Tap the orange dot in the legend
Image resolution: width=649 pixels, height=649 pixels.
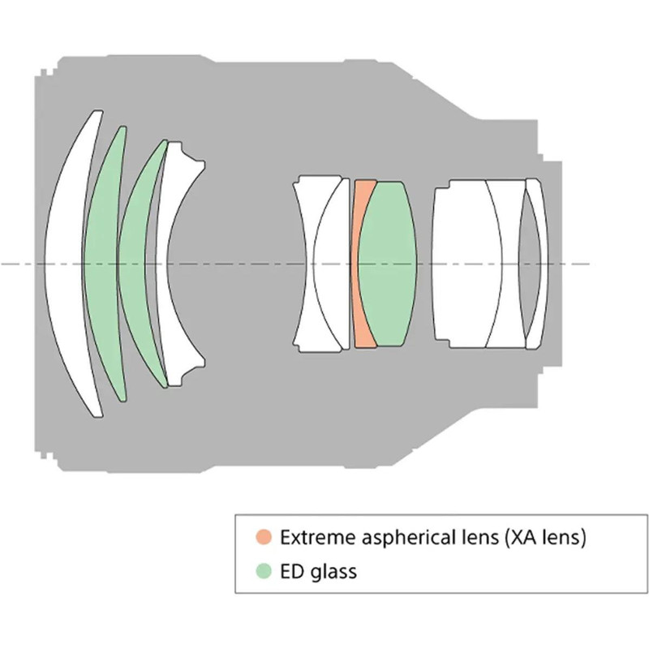(262, 536)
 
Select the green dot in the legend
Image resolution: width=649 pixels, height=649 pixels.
(262, 570)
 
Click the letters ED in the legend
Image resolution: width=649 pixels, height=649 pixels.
(291, 570)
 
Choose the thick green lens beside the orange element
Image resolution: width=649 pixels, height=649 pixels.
(388, 264)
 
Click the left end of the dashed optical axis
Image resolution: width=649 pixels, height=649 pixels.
(3, 264)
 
